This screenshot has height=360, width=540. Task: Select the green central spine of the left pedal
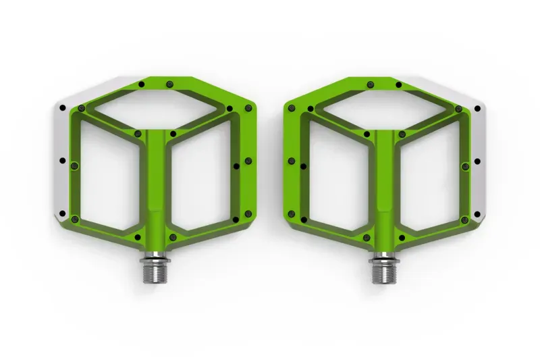[x=156, y=182]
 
